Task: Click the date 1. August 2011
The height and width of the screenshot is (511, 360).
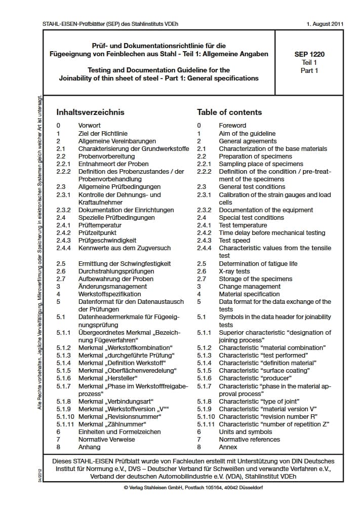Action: (325, 24)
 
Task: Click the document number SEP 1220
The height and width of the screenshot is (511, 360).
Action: (309, 54)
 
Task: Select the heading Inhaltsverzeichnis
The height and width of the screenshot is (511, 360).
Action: (90, 112)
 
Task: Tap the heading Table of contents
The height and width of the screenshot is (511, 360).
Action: (229, 112)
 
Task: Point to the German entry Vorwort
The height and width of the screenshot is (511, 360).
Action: (90, 126)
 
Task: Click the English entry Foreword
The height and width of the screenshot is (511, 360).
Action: (232, 126)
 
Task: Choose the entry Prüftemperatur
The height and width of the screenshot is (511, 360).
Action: (100, 225)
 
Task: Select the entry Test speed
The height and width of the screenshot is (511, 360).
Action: (234, 241)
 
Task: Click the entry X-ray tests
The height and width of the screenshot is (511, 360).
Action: (234, 271)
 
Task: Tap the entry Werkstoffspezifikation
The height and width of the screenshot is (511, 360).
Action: (110, 294)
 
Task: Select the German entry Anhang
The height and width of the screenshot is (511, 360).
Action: (90, 447)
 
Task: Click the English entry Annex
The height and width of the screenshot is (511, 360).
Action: (228, 447)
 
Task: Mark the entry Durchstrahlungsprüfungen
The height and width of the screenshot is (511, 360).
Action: (116, 271)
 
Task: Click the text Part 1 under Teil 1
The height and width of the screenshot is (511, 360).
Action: (309, 70)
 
